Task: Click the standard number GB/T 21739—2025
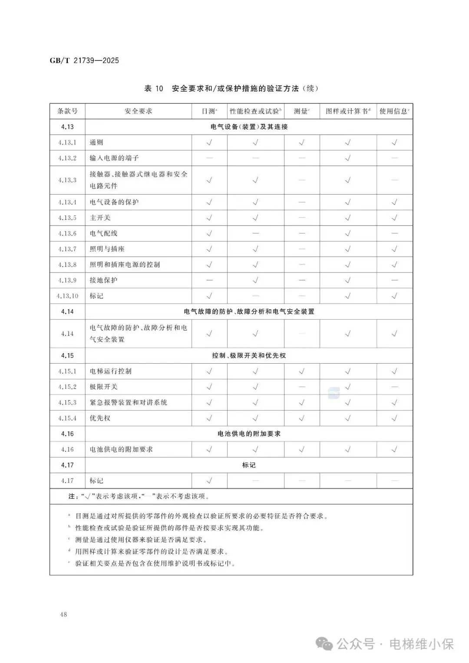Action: (84, 60)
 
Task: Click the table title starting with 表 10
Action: (231, 89)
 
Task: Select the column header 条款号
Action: (67, 111)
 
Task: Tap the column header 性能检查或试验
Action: (255, 111)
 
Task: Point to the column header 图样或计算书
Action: (348, 111)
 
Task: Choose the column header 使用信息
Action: (394, 111)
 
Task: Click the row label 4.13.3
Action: (67, 180)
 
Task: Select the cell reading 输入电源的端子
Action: (114, 158)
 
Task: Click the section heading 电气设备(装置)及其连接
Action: (249, 127)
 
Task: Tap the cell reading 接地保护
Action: (103, 280)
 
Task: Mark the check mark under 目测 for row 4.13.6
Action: (209, 233)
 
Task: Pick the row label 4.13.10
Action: (67, 296)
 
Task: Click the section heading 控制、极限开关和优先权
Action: (249, 355)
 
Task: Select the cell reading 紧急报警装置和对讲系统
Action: (128, 402)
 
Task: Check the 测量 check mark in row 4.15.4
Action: (302, 418)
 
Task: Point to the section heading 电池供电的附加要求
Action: (249, 434)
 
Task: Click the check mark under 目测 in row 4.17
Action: (209, 481)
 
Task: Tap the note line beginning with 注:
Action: (139, 496)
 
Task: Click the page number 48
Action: (63, 614)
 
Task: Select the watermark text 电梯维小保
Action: (421, 644)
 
